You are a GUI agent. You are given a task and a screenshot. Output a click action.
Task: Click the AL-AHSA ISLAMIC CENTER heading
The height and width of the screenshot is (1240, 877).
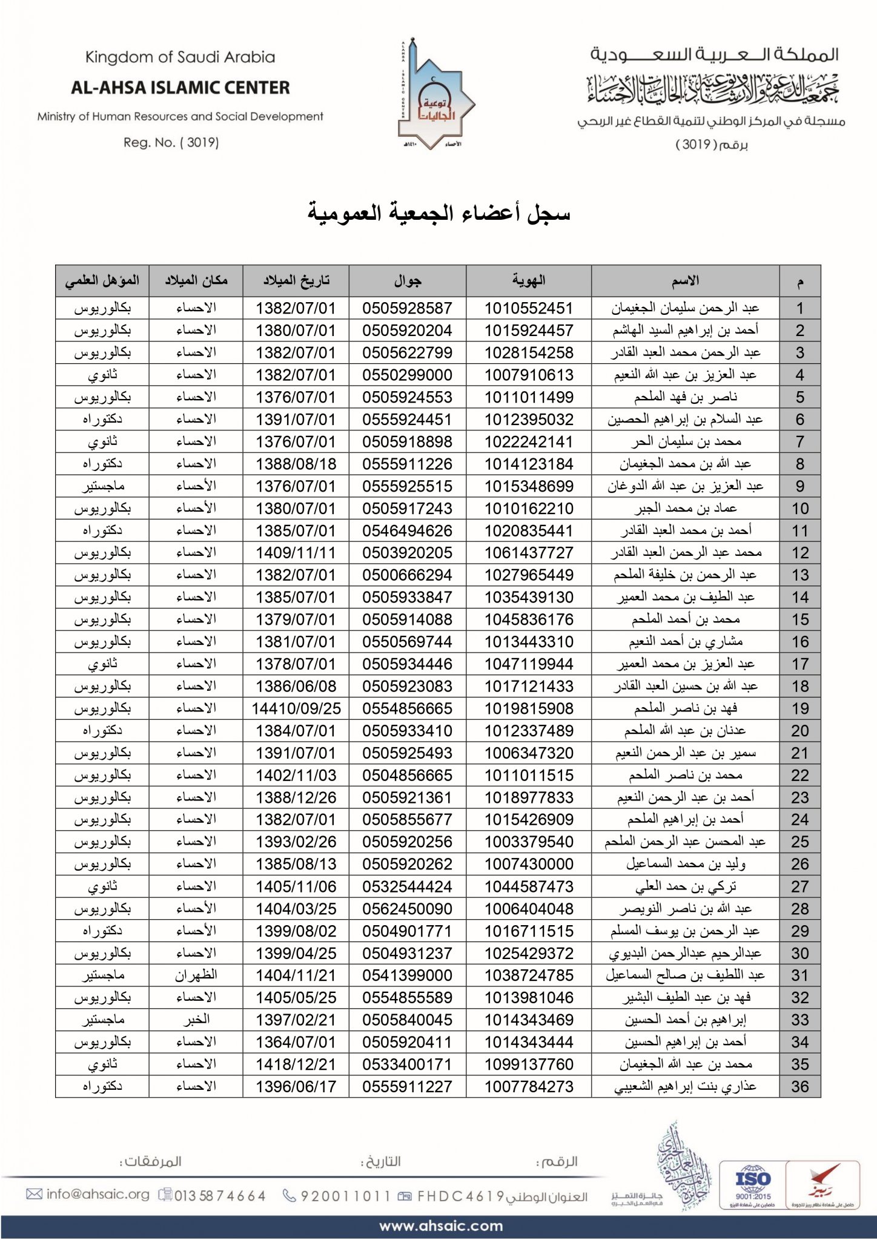(180, 88)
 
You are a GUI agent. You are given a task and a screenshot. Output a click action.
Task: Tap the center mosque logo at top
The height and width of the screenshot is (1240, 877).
(435, 96)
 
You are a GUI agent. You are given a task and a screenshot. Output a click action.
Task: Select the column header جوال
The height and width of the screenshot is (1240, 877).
(407, 281)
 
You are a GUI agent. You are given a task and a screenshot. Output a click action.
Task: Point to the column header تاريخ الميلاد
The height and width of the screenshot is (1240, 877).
(296, 281)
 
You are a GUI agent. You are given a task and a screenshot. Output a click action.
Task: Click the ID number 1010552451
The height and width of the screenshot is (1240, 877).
(528, 308)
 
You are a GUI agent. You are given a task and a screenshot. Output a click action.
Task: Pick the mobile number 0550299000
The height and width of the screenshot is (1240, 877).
(407, 375)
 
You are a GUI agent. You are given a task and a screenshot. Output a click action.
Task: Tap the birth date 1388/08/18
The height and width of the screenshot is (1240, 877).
(296, 464)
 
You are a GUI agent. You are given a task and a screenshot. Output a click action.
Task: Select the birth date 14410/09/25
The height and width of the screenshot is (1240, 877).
(296, 709)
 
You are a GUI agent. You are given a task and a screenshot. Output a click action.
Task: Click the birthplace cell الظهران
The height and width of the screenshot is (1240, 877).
(196, 976)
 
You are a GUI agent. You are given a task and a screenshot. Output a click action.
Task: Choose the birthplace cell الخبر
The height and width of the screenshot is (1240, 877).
(196, 1020)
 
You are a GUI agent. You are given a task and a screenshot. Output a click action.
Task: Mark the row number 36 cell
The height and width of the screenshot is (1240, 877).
(799, 1087)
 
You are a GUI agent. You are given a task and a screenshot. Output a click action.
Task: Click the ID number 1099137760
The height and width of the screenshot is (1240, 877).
(528, 1064)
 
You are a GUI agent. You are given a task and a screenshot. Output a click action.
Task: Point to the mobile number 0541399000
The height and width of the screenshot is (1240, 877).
(407, 976)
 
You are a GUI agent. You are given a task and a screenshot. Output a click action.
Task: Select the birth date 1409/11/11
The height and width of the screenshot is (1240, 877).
(296, 553)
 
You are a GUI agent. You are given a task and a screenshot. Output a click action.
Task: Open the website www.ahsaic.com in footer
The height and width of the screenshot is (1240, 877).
(441, 1226)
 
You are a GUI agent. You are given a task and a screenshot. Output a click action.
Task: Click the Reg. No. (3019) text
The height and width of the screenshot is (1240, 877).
(171, 143)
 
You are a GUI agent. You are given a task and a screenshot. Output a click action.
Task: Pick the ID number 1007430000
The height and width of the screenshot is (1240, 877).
(528, 865)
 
